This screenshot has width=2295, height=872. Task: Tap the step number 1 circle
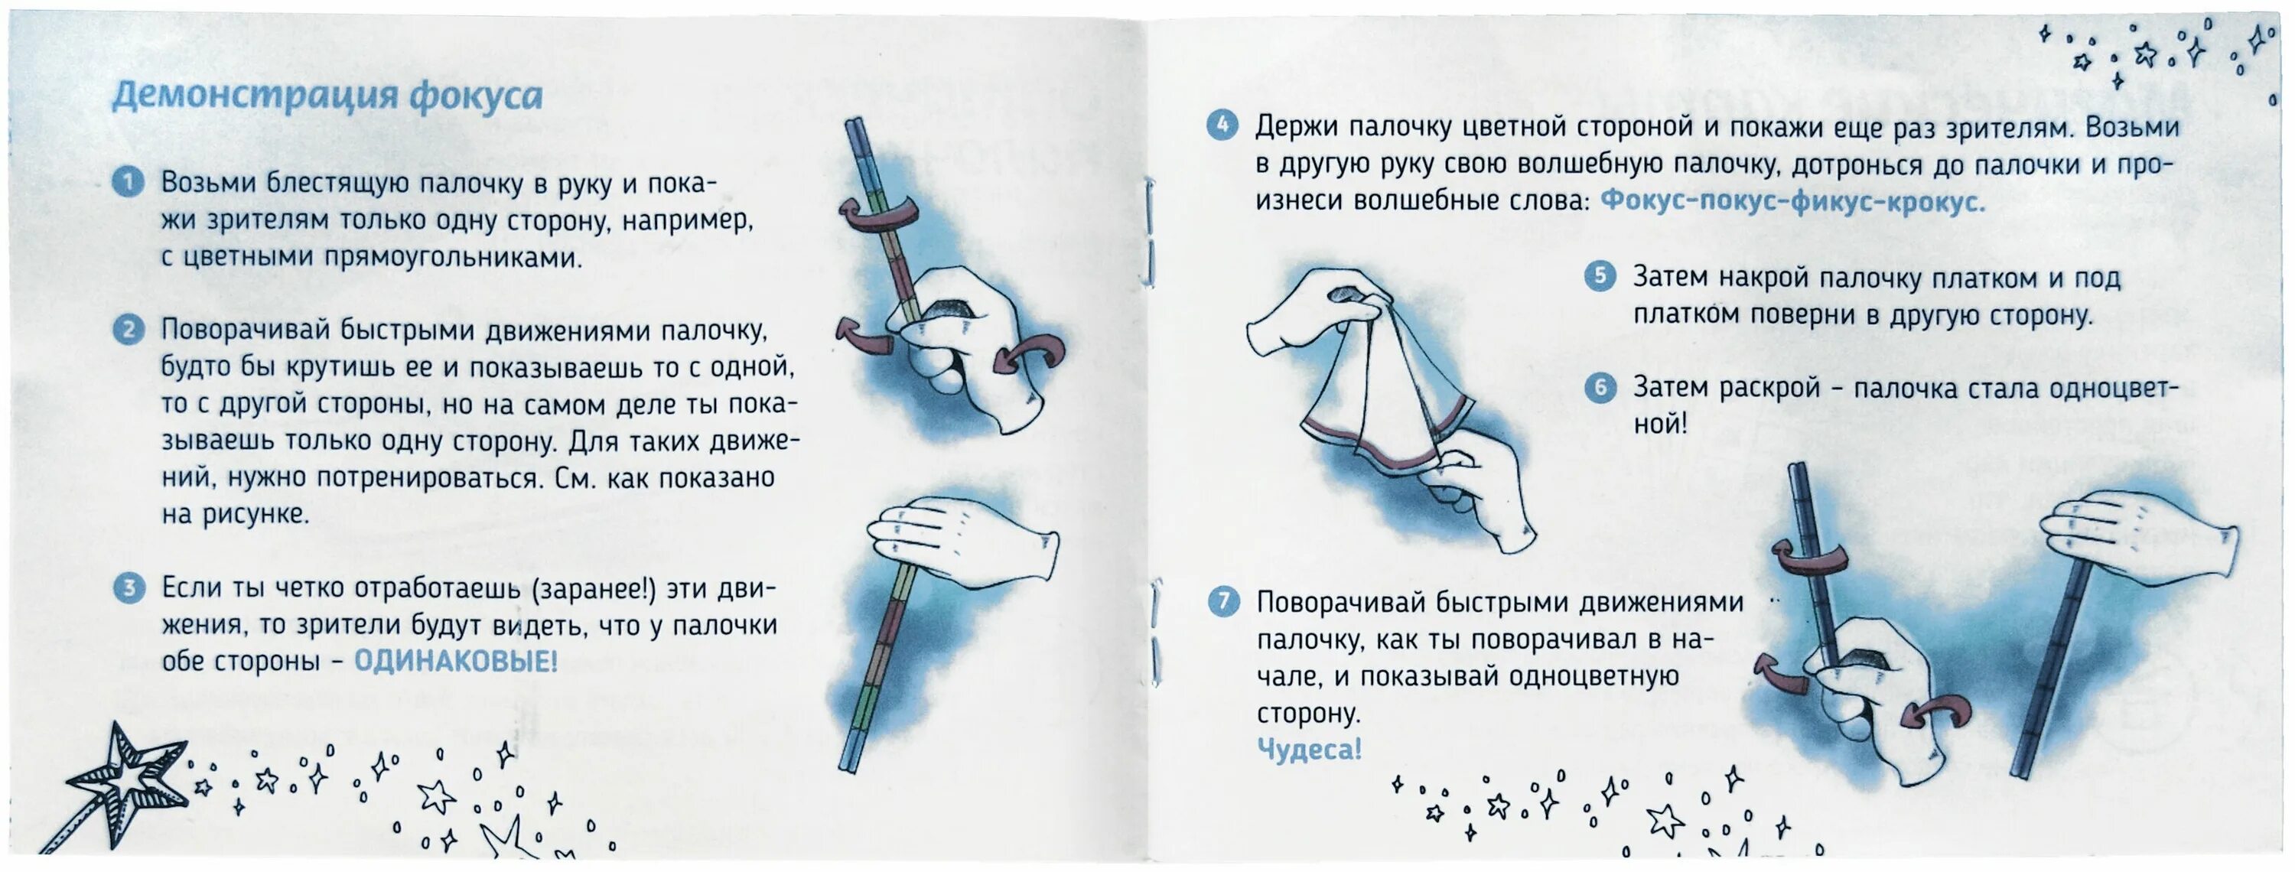(129, 183)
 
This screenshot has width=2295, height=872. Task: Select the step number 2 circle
(129, 330)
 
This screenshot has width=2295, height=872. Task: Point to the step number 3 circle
(129, 588)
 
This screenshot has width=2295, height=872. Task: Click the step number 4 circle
(1222, 125)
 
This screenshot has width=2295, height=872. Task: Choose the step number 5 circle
(1600, 276)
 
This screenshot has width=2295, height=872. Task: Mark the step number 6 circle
(1600, 388)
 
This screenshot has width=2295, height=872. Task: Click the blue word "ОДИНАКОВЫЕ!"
(455, 662)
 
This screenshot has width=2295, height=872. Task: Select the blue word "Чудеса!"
(1309, 749)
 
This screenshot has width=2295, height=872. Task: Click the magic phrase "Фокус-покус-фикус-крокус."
(1792, 201)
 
